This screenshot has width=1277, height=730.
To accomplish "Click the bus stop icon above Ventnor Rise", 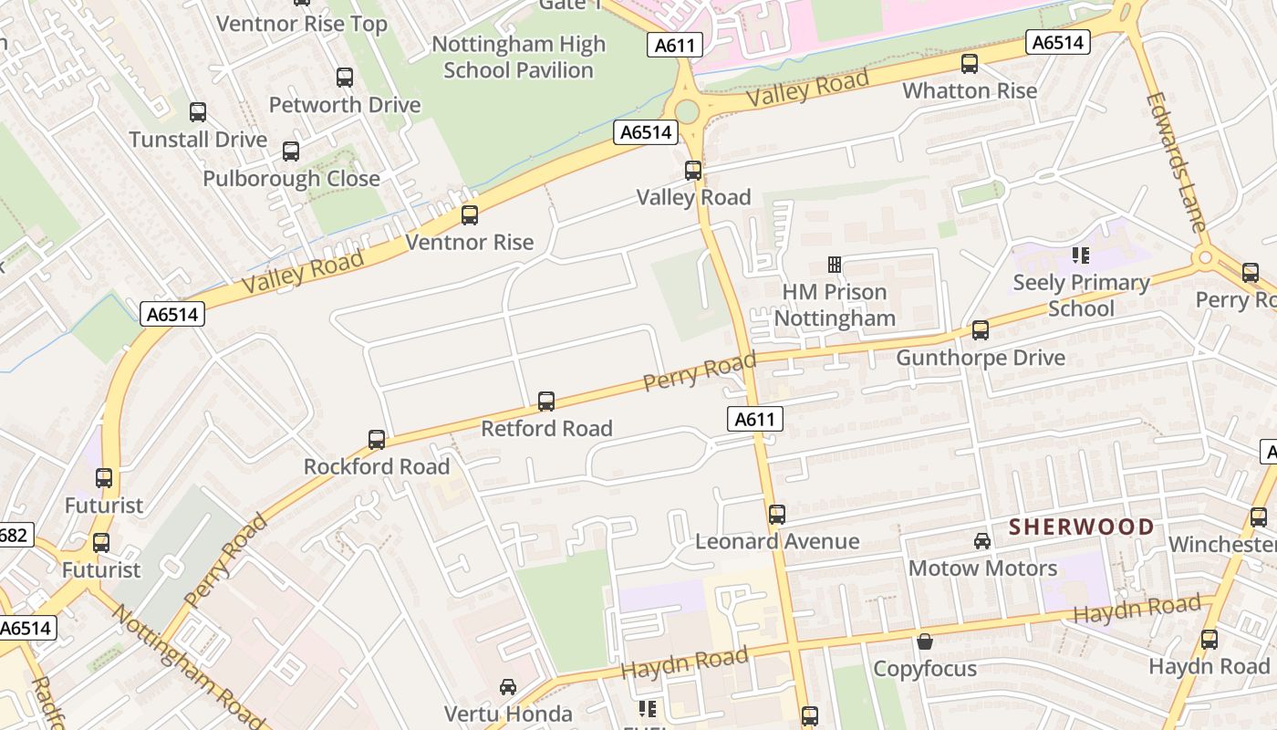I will (x=470, y=215).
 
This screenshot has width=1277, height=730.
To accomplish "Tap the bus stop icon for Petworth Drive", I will (x=345, y=78).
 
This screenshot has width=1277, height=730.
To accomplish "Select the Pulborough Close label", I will (x=291, y=178).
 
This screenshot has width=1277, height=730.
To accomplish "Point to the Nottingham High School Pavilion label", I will (x=518, y=57).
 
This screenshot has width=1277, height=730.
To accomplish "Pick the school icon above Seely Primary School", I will (x=1081, y=255).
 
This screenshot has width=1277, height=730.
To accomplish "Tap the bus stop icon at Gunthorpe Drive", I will (x=981, y=330).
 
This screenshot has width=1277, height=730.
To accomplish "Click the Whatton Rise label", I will (x=970, y=91).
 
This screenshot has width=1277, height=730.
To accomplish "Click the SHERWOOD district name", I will (x=1081, y=527).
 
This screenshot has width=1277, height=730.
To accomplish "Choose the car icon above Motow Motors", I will (x=982, y=541).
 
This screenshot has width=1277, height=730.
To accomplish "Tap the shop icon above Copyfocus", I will (x=925, y=641).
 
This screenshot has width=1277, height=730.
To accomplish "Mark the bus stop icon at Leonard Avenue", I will (x=777, y=515).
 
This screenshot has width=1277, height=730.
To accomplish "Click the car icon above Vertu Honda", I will (x=508, y=687).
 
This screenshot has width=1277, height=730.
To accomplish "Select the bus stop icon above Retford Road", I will (x=546, y=401).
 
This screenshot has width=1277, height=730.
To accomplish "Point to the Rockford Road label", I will (x=377, y=466).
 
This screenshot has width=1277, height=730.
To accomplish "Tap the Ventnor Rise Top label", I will (x=302, y=24).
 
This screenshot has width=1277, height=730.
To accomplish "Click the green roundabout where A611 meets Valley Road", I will (x=687, y=111).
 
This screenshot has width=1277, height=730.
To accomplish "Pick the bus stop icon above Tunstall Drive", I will (x=198, y=112).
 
